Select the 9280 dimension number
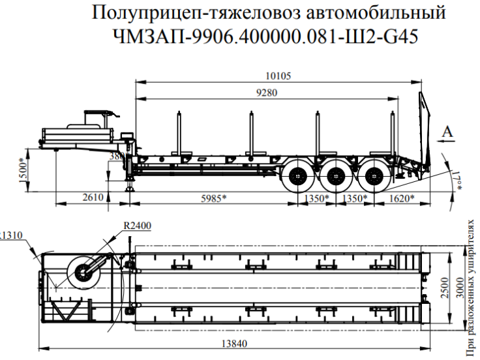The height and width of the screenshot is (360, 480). (x=266, y=93)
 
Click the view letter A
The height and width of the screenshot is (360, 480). (x=447, y=134)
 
